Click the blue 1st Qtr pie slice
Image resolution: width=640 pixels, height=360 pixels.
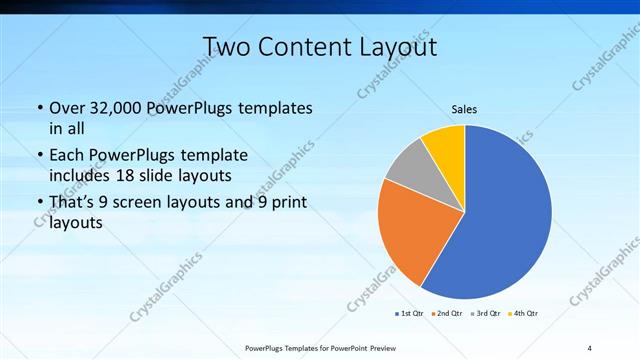click(x=505, y=215)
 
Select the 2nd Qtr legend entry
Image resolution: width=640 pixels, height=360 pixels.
click(x=445, y=314)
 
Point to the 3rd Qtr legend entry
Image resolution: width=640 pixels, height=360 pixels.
click(x=485, y=314)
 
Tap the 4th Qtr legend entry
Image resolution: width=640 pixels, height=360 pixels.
click(x=523, y=314)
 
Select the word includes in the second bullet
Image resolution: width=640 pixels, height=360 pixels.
click(x=82, y=175)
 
